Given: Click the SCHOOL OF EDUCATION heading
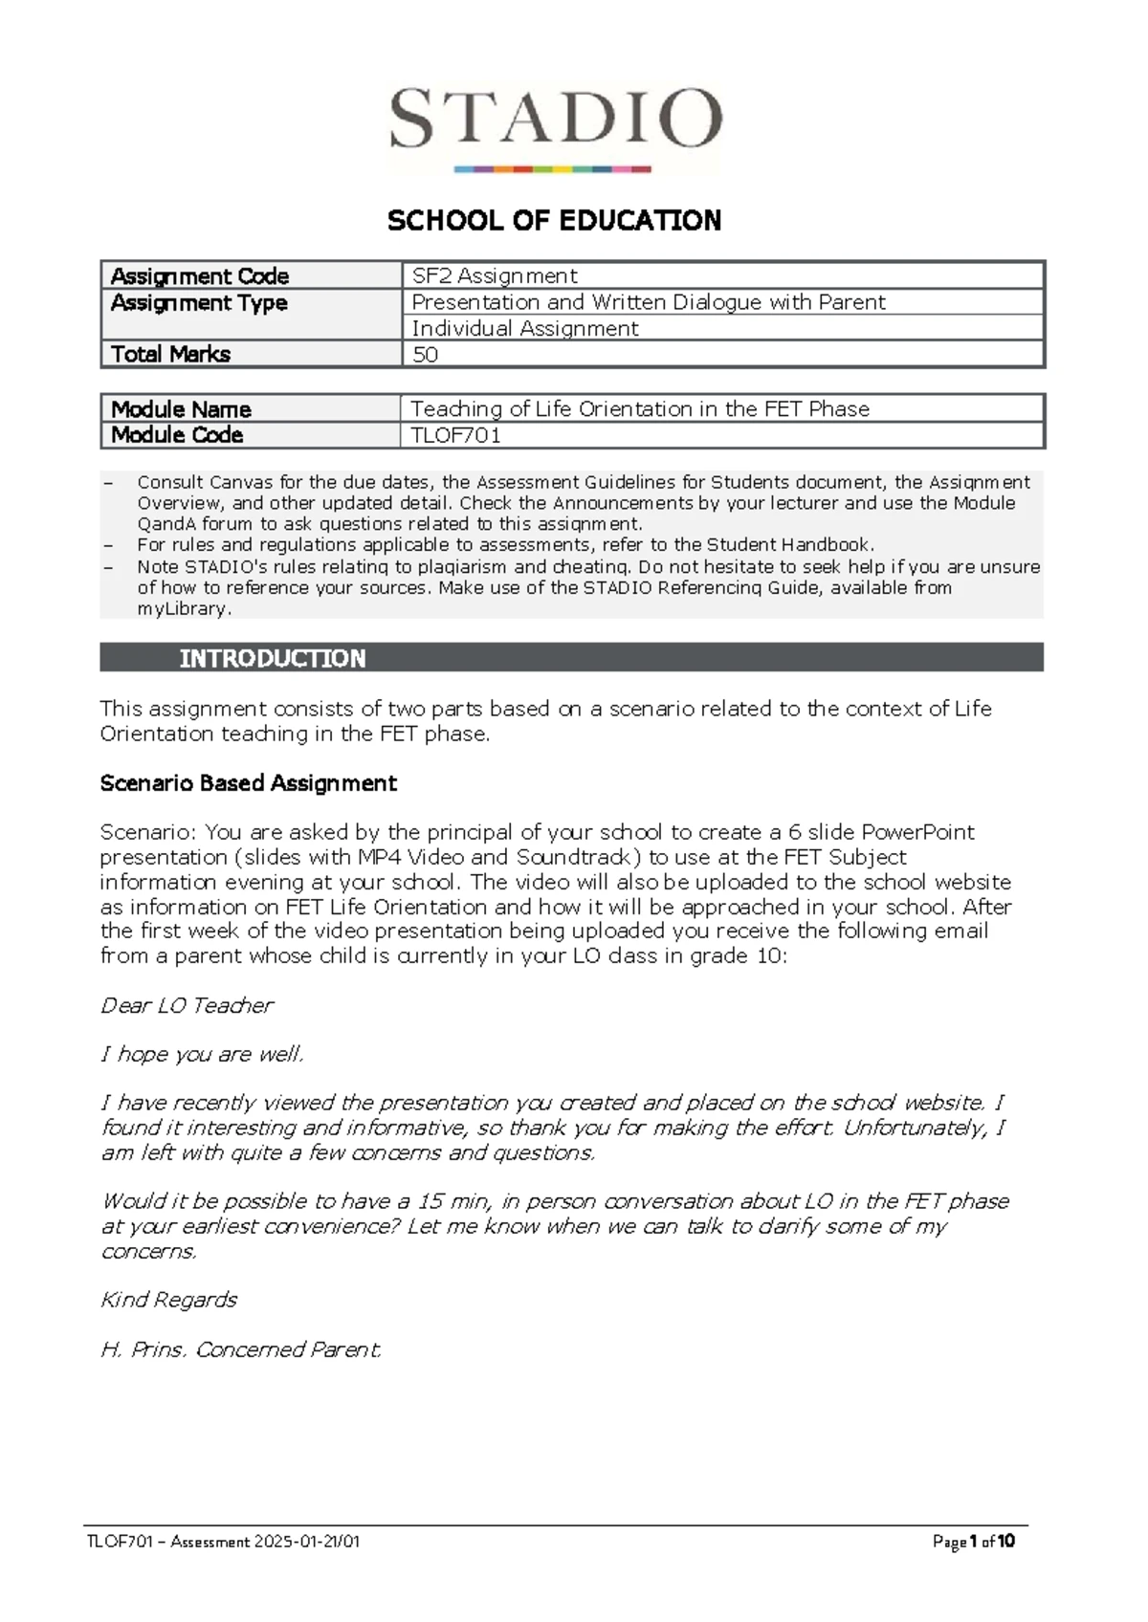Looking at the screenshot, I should click(554, 221).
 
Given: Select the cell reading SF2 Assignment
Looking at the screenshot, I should click(494, 276).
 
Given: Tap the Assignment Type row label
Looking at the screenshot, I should click(199, 303).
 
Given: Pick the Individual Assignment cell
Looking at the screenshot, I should click(524, 329).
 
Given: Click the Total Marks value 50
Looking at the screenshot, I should click(425, 355).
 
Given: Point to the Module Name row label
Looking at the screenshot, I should click(181, 409).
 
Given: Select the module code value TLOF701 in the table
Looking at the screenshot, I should click(455, 435).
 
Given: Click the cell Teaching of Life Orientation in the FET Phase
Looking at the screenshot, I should click(640, 409).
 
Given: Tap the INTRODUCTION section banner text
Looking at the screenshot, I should click(273, 658).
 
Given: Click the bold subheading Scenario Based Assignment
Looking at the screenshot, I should click(248, 783).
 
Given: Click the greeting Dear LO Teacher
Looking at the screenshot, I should click(187, 1005).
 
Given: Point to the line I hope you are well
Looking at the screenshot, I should click(202, 1054).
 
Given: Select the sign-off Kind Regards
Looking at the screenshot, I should click(168, 1300).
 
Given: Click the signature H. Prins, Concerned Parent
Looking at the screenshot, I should click(241, 1349).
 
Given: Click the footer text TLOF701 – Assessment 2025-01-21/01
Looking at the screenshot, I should click(223, 1542).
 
